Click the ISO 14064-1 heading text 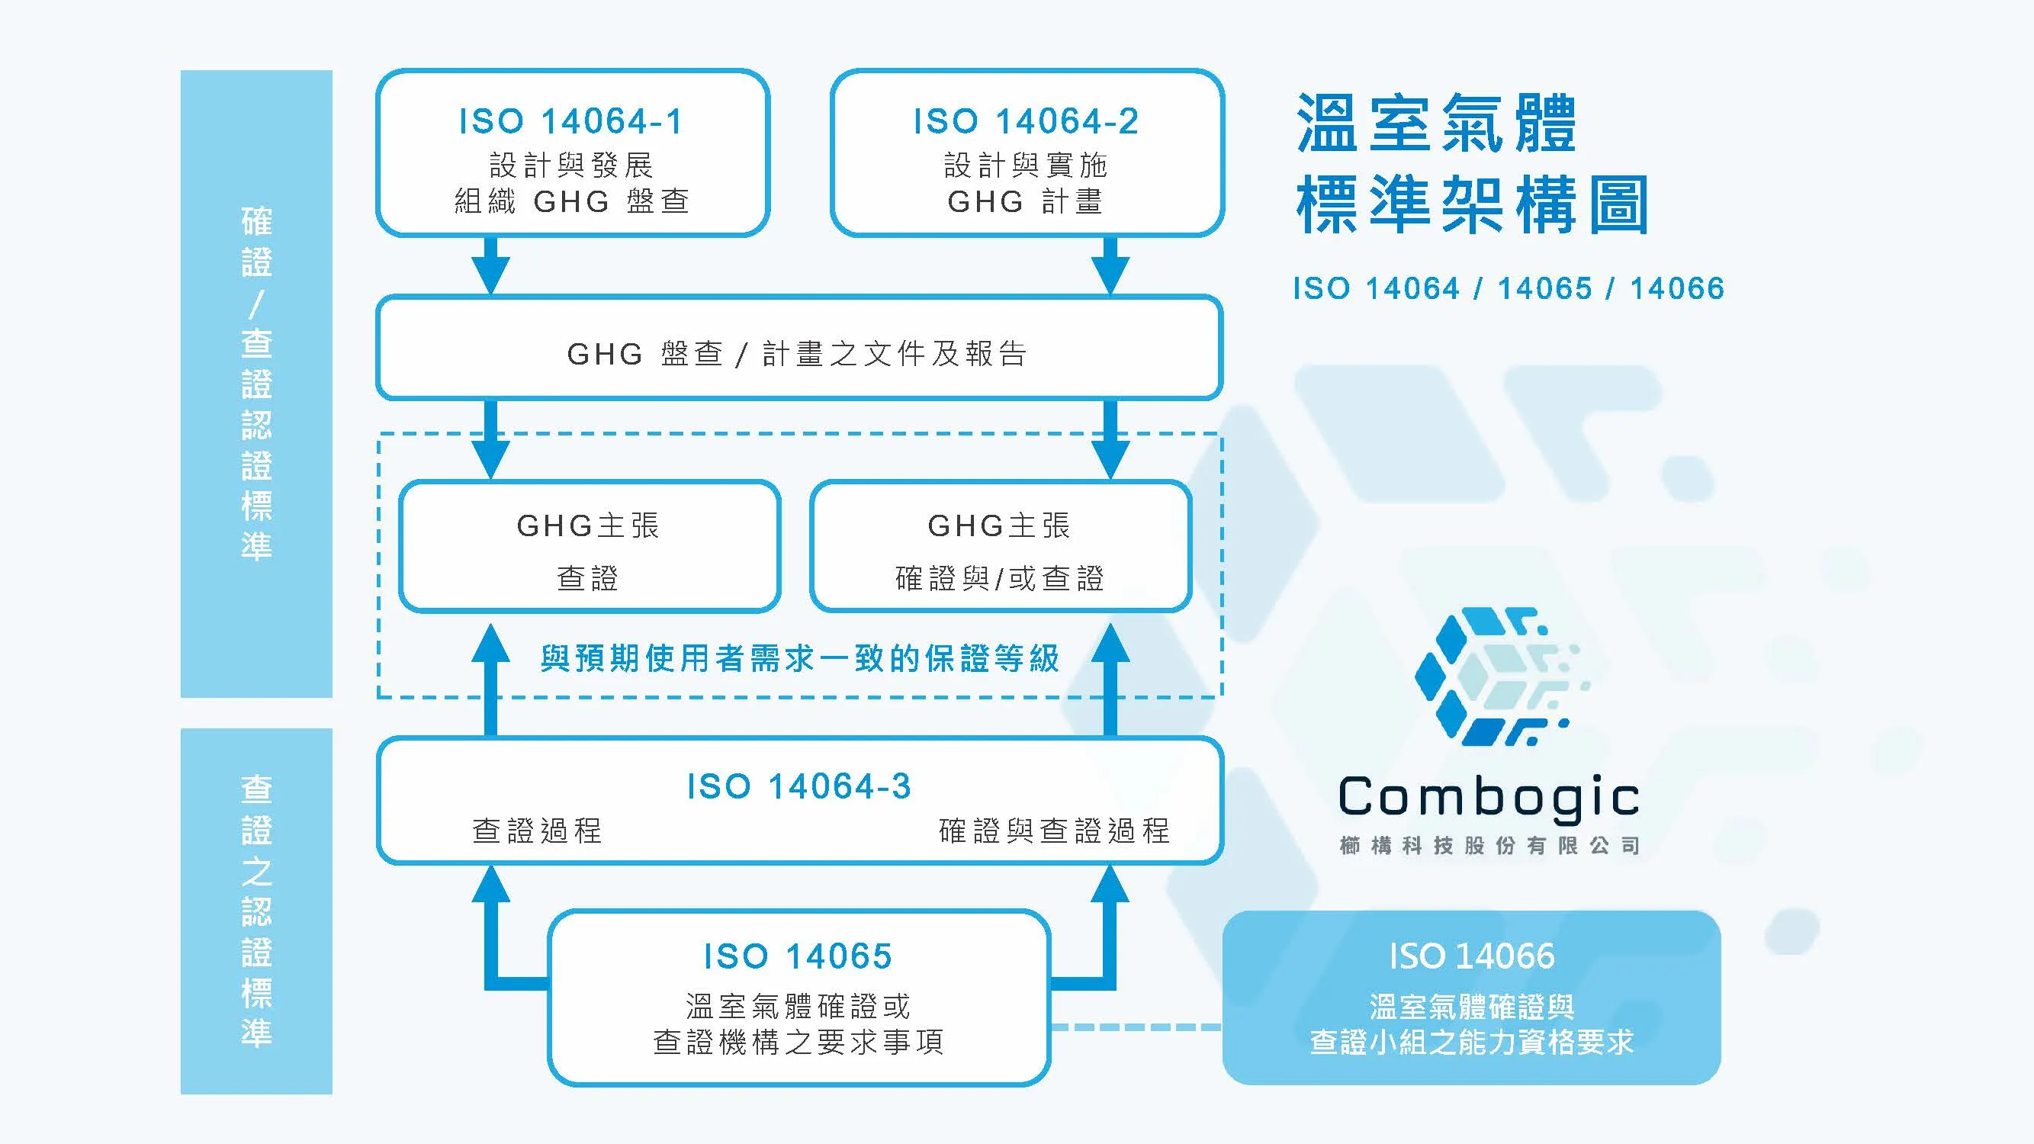pyautogui.click(x=571, y=121)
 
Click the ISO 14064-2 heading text pyautogui.click(x=1026, y=121)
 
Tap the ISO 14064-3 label pyautogui.click(x=799, y=786)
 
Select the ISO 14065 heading pyautogui.click(x=798, y=956)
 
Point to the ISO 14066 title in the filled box pyautogui.click(x=1472, y=956)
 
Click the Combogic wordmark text pyautogui.click(x=1489, y=797)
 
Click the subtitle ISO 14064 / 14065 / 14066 pyautogui.click(x=1508, y=288)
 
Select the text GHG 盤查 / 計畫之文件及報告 pyautogui.click(x=798, y=353)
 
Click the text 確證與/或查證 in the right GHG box pyautogui.click(x=1000, y=579)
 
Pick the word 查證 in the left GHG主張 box pyautogui.click(x=587, y=579)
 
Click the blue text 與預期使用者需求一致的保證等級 pyautogui.click(x=799, y=658)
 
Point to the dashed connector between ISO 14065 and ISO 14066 pyautogui.click(x=1136, y=1027)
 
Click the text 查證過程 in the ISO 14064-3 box pyautogui.click(x=537, y=831)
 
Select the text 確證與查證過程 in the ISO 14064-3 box pyautogui.click(x=1054, y=831)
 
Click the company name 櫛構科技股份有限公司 pyautogui.click(x=1489, y=846)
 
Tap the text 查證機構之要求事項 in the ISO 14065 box pyautogui.click(x=798, y=1042)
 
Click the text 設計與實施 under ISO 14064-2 pyautogui.click(x=1026, y=165)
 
